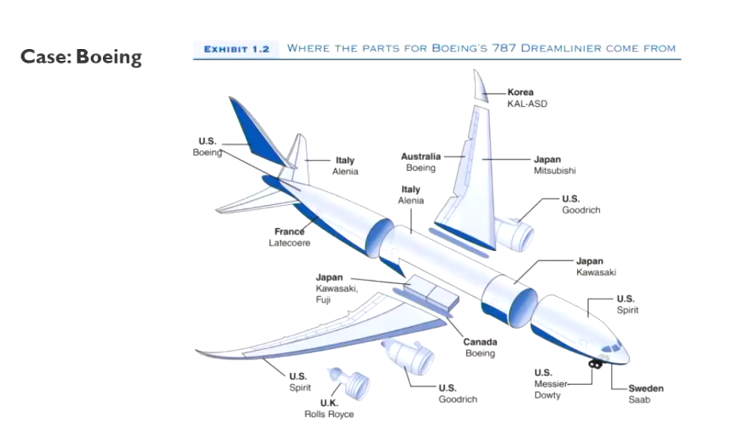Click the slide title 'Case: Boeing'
tap(81, 57)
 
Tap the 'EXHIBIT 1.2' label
tap(236, 49)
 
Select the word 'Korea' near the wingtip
tap(520, 92)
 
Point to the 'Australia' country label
tap(420, 156)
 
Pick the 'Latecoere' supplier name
tap(289, 243)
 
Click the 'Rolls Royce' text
tap(329, 414)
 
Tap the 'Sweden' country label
tap(646, 388)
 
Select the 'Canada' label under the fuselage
tap(480, 342)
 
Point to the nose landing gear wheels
tap(595, 363)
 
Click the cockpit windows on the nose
tap(611, 348)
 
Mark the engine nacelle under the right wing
tap(514, 233)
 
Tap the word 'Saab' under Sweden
tap(639, 400)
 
